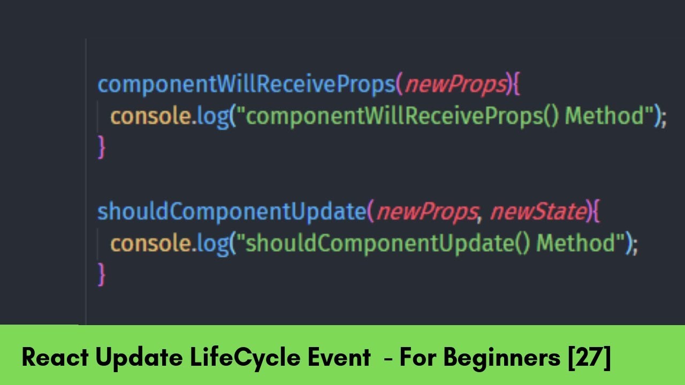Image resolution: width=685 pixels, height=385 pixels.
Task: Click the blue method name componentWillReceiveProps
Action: pyautogui.click(x=246, y=84)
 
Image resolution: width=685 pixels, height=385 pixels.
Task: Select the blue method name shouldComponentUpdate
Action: pyautogui.click(x=231, y=212)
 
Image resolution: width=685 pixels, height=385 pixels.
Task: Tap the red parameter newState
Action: pyautogui.click(x=538, y=212)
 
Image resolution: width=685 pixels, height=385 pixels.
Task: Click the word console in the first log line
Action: pyautogui.click(x=150, y=116)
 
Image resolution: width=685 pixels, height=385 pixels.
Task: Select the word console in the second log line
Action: pyautogui.click(x=150, y=243)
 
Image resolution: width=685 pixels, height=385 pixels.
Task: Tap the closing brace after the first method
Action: pyautogui.click(x=101, y=147)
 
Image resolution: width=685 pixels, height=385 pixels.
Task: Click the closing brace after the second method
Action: pyautogui.click(x=101, y=274)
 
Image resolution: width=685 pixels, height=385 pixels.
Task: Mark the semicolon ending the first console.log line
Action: pyautogui.click(x=664, y=118)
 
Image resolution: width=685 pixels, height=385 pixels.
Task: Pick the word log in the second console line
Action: pyautogui.click(x=212, y=244)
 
